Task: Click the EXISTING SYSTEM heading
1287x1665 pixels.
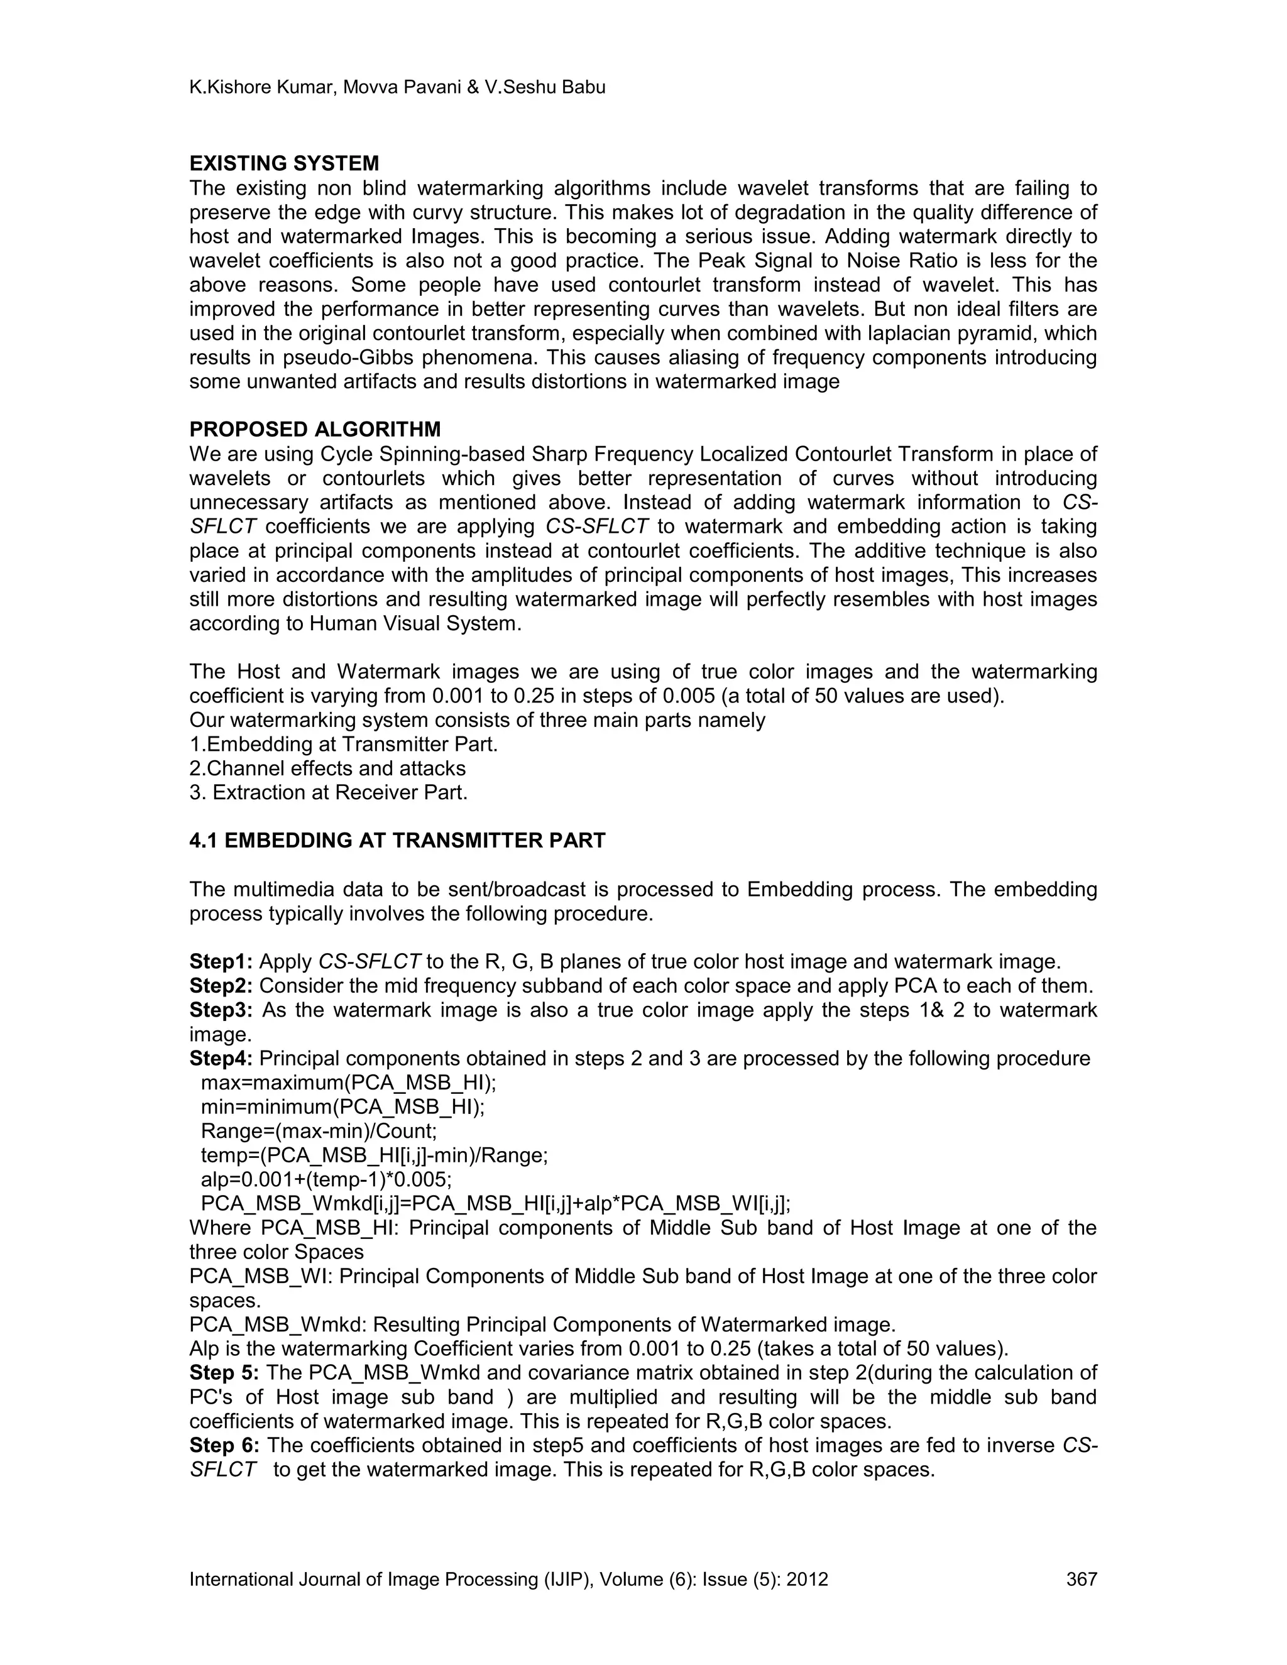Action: (x=283, y=163)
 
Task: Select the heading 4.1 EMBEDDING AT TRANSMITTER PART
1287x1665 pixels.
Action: (x=397, y=840)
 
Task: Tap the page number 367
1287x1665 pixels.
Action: (x=1081, y=1579)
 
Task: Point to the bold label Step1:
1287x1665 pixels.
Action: (x=221, y=961)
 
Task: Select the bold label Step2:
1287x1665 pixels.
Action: (x=221, y=986)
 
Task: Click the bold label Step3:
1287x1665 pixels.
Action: (x=221, y=1010)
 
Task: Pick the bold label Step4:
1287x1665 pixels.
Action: (x=221, y=1058)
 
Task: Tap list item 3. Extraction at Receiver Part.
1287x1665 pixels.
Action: (x=328, y=792)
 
